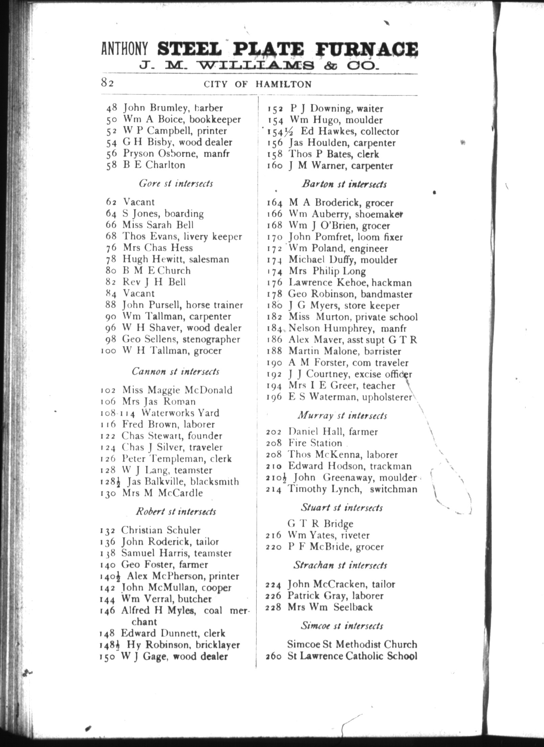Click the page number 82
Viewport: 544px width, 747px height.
point(107,83)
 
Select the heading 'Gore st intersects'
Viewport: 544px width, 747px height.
point(176,184)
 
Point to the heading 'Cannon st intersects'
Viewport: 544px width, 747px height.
point(176,371)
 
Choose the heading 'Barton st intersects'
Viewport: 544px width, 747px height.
point(344,184)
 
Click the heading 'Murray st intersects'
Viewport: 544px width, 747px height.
point(342,415)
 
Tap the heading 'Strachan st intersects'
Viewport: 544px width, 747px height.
point(340,565)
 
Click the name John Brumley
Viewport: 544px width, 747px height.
point(153,108)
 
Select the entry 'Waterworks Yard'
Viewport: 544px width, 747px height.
point(180,413)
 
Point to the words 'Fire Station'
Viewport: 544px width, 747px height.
point(315,443)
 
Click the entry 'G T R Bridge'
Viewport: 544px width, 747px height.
point(320,524)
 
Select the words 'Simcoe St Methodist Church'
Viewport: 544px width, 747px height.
point(352,644)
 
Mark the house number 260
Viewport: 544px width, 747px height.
point(274,656)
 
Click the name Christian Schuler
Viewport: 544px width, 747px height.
point(161,530)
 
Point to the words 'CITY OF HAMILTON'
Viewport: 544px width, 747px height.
point(257,84)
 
